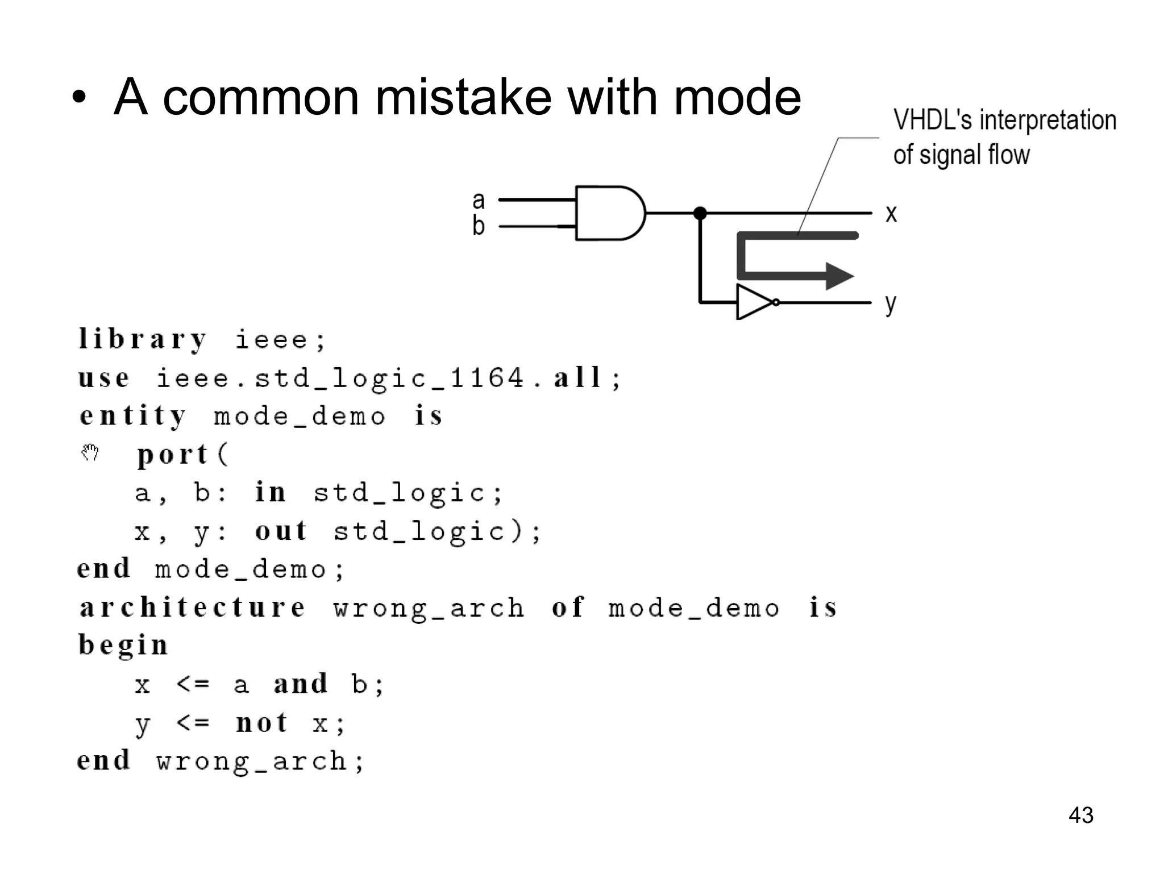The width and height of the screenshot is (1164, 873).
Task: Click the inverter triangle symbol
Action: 753,302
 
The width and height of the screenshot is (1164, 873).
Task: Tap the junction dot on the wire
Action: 700,213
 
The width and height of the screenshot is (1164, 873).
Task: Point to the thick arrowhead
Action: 839,276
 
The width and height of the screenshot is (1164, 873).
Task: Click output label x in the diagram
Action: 891,214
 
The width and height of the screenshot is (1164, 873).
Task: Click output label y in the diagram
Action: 890,304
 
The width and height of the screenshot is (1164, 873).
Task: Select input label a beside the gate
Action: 479,200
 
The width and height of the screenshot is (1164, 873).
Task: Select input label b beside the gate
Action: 479,226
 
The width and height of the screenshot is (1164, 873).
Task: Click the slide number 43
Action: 1080,815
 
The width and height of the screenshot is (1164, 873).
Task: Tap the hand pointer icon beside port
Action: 90,452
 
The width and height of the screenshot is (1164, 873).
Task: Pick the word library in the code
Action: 142,340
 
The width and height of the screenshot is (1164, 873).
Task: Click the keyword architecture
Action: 193,607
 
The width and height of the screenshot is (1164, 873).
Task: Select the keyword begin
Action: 123,646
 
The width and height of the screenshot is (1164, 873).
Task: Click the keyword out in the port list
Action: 281,531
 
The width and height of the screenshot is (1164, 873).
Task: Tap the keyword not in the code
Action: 261,723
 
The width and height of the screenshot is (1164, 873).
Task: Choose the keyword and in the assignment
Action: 301,684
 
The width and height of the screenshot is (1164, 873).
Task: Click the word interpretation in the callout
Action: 1047,120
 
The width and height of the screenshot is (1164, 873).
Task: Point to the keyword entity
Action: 133,416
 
